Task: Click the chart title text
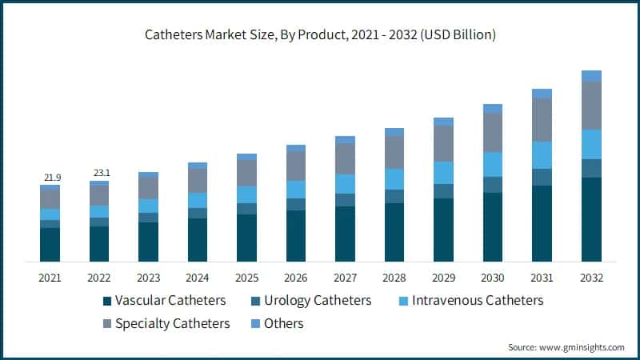pyautogui.click(x=320, y=35)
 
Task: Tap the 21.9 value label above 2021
pyautogui.click(x=50, y=176)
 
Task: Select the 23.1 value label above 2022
pyautogui.click(x=99, y=172)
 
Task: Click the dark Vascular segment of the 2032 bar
pyautogui.click(x=591, y=219)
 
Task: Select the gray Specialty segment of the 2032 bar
pyautogui.click(x=591, y=106)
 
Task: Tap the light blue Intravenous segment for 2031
pyautogui.click(x=542, y=155)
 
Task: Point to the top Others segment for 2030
pyautogui.click(x=493, y=109)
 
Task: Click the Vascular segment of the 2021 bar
pyautogui.click(x=50, y=245)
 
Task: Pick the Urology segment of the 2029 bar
pyautogui.click(x=443, y=191)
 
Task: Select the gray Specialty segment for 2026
pyautogui.click(x=296, y=166)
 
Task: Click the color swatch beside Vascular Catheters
pyautogui.click(x=106, y=302)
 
